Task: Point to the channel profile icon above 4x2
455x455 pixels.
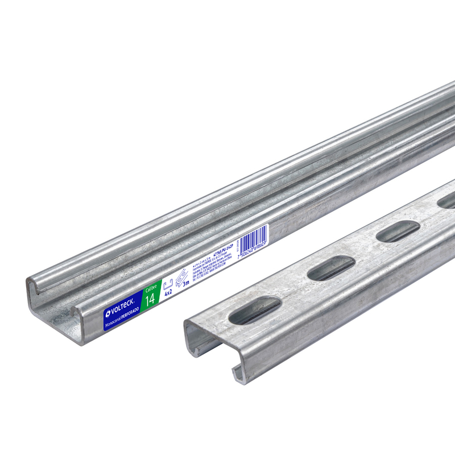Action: point(167,284)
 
